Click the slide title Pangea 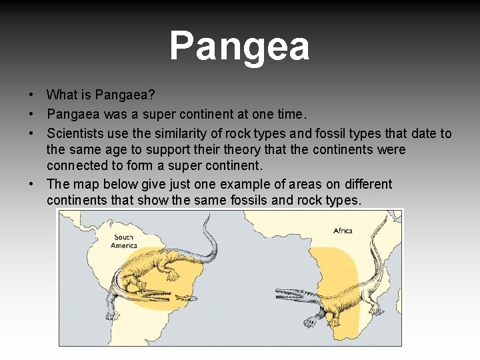pos(239,47)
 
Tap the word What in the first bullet pos(62,95)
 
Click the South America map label pos(124,241)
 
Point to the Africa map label pos(343,231)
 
